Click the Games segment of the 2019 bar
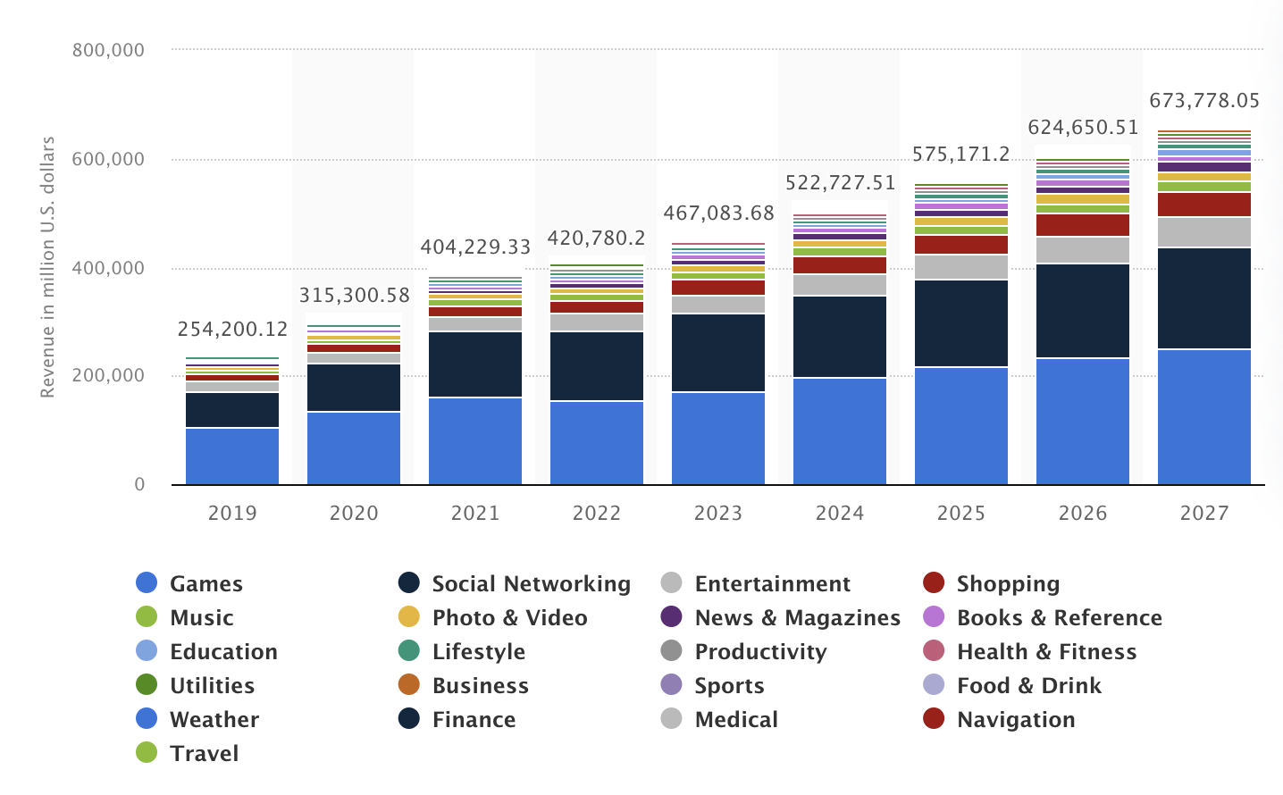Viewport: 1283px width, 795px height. (x=232, y=456)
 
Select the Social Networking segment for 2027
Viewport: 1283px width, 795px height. (x=1203, y=298)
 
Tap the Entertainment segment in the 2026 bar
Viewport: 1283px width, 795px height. (x=1082, y=250)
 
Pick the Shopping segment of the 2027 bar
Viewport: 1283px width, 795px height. (x=1203, y=205)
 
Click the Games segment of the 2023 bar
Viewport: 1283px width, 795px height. (x=717, y=439)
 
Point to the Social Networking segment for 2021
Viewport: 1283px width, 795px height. (x=474, y=364)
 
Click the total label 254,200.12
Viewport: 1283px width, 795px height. (x=232, y=329)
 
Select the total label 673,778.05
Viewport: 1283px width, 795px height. (x=1203, y=100)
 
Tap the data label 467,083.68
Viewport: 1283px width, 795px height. (x=718, y=213)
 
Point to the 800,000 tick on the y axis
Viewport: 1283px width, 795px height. (x=108, y=50)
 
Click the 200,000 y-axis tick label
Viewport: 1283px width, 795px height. (x=108, y=375)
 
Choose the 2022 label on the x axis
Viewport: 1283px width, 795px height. (x=596, y=513)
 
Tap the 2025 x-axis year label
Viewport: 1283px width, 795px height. (x=960, y=513)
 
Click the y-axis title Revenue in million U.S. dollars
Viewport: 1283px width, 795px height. (x=48, y=267)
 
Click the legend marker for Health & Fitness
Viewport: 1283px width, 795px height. (x=934, y=651)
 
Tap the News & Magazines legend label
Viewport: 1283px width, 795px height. (x=797, y=617)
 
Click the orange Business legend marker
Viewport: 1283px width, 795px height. (x=409, y=685)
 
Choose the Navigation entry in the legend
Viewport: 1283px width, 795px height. (x=1015, y=719)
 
